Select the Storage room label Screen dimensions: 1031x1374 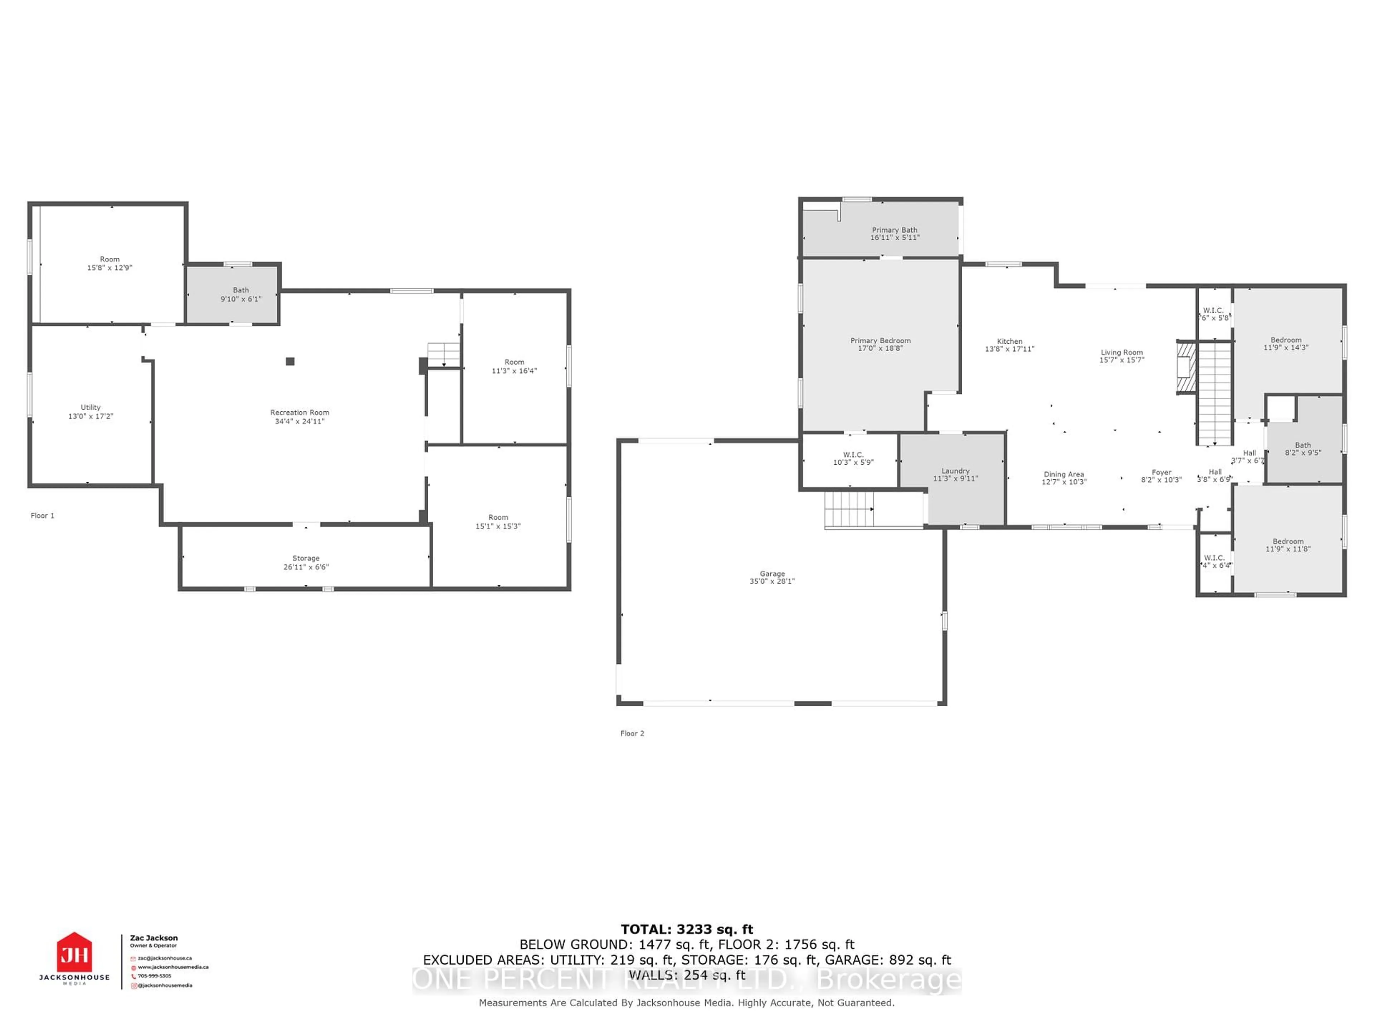tap(306, 558)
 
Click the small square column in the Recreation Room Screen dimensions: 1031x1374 tap(290, 361)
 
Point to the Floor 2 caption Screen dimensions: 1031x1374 tap(632, 733)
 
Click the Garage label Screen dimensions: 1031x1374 tap(772, 573)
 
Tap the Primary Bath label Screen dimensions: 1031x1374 tap(895, 230)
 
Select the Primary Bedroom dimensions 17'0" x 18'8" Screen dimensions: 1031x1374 tap(880, 349)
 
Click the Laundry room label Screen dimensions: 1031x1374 tap(955, 471)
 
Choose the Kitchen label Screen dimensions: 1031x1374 tap(1009, 341)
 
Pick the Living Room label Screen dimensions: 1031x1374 tap(1122, 352)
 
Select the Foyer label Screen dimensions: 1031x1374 tap(1161, 472)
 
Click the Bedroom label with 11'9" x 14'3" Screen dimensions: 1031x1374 tap(1286, 340)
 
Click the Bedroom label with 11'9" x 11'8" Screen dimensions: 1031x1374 tap(1288, 541)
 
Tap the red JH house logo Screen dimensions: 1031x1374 tap(74, 952)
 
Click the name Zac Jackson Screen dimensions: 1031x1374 tap(154, 938)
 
